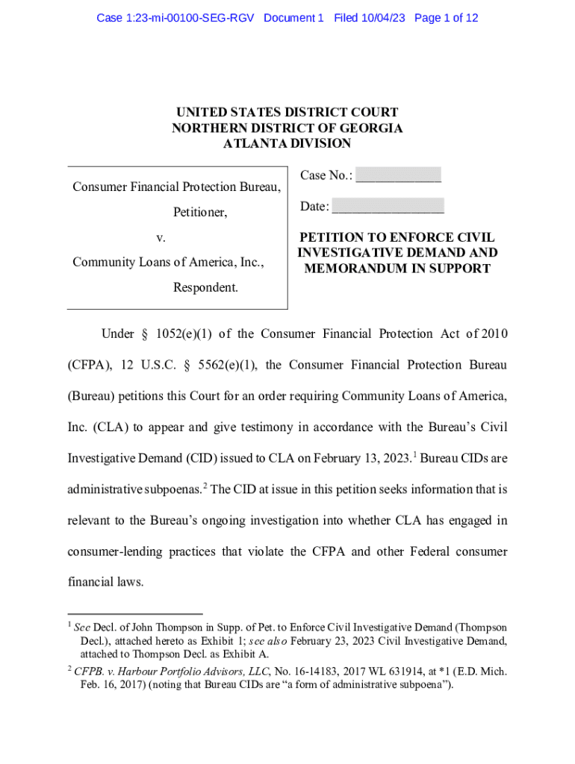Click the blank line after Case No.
point(398,176)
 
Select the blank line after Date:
point(388,207)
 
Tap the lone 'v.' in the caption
point(161,238)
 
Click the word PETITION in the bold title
point(334,237)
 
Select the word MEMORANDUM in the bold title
point(355,269)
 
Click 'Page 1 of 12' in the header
point(446,17)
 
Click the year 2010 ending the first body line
point(494,334)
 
